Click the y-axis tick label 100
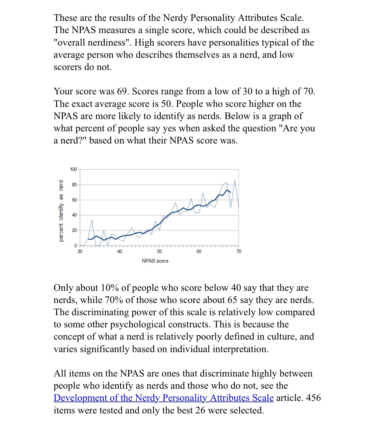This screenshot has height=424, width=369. (73, 169)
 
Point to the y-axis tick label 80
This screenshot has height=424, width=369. (74, 185)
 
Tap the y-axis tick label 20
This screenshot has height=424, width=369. (74, 230)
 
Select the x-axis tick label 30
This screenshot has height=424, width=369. (80, 251)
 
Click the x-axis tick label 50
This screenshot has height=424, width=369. (159, 251)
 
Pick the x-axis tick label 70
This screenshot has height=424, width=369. (239, 251)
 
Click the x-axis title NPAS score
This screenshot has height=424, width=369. (155, 261)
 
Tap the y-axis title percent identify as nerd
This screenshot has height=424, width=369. (61, 211)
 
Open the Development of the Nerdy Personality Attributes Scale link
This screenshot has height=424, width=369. (163, 398)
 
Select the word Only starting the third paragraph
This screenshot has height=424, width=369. (64, 288)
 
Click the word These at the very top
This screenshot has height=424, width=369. (65, 18)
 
